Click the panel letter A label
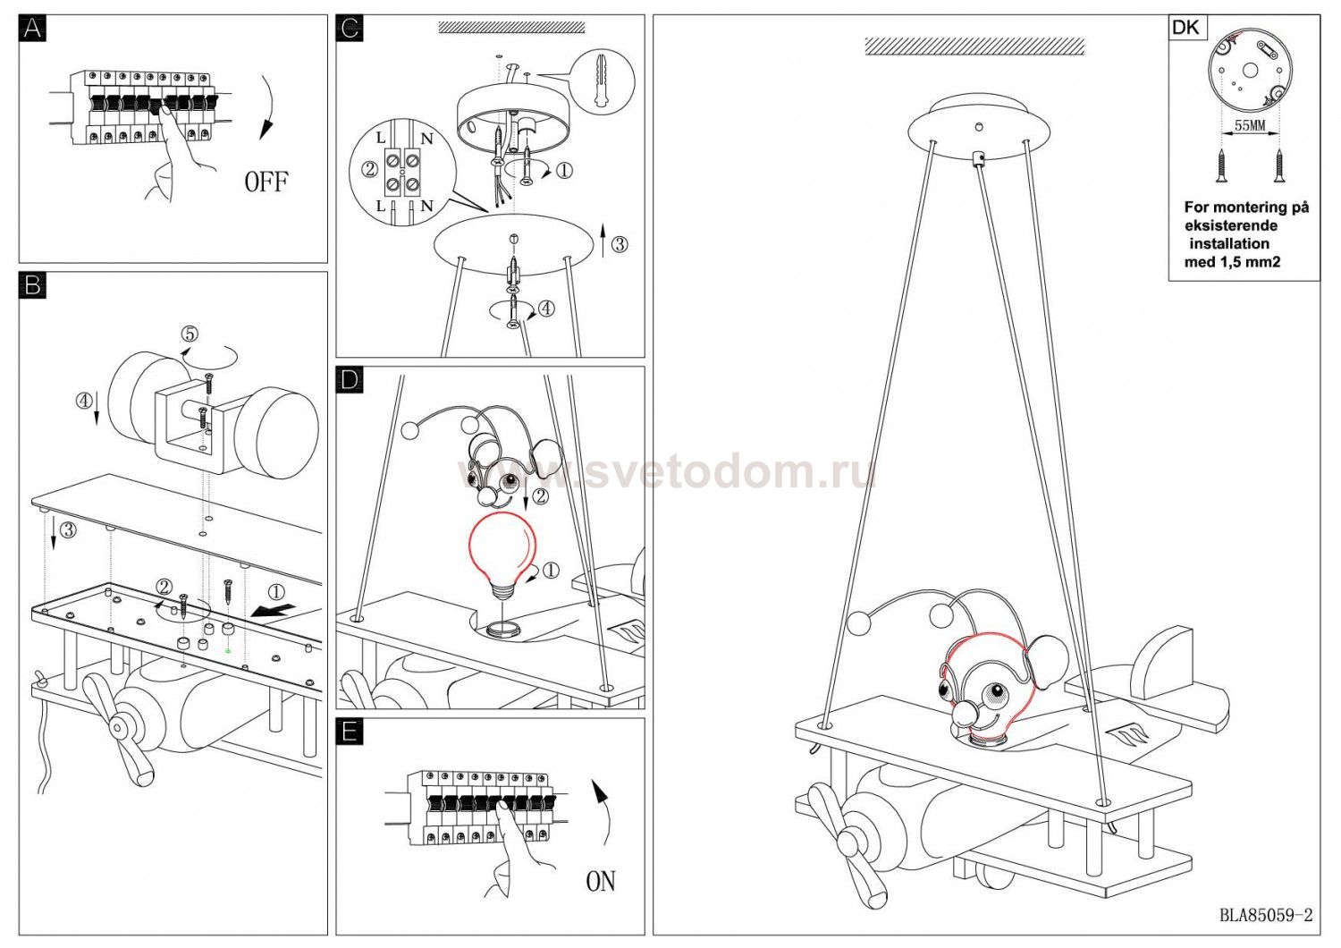coord(32,28)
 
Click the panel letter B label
coord(32,285)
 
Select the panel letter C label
coord(350,28)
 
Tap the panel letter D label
coord(350,380)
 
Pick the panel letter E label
coord(350,732)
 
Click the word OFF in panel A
coord(266,182)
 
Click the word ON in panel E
coord(600,881)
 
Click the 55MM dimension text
coord(1250,126)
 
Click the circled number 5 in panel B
coord(190,334)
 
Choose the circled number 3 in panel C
coord(620,244)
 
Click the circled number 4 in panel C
coord(546,309)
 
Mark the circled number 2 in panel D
coord(540,495)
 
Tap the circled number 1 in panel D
coord(550,570)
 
